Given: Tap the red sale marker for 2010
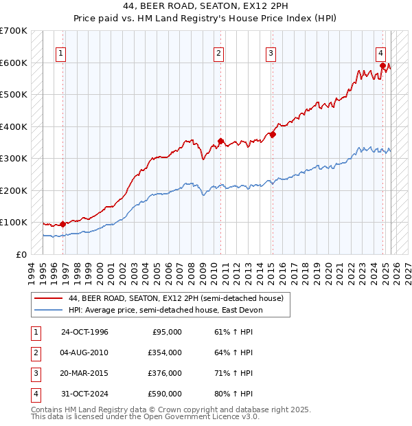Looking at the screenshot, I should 220,141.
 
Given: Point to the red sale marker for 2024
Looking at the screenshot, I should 382,66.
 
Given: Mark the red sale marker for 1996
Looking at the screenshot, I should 62,223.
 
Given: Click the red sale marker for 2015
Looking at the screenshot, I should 273,135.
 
